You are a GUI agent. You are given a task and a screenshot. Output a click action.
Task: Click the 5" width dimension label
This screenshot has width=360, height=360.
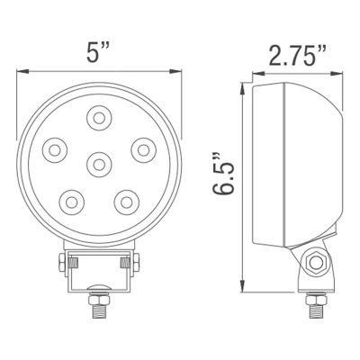(96, 53)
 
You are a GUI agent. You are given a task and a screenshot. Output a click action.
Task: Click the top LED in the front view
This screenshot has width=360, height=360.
(98, 116)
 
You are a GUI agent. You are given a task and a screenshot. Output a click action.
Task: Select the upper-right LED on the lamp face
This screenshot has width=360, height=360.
(142, 148)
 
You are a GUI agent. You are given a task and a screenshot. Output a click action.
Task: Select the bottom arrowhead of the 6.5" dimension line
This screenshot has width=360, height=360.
(240, 287)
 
